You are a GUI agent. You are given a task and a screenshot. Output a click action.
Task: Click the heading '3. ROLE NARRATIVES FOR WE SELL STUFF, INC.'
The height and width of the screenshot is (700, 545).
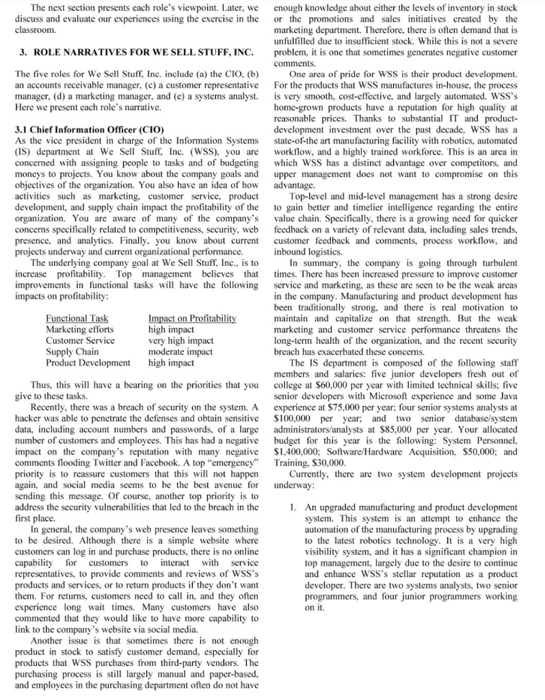click(137, 53)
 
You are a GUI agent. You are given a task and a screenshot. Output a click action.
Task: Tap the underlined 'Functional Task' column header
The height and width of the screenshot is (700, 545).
click(77, 319)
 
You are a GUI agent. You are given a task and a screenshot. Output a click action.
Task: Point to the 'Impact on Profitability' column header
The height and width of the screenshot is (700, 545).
click(192, 319)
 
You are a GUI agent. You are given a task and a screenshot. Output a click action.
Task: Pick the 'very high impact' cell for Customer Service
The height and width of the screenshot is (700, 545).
click(181, 340)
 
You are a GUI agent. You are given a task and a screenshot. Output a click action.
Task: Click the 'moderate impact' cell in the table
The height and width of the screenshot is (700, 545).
click(181, 351)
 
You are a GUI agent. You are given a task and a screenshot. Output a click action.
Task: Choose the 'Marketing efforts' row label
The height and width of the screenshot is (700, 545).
click(80, 329)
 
